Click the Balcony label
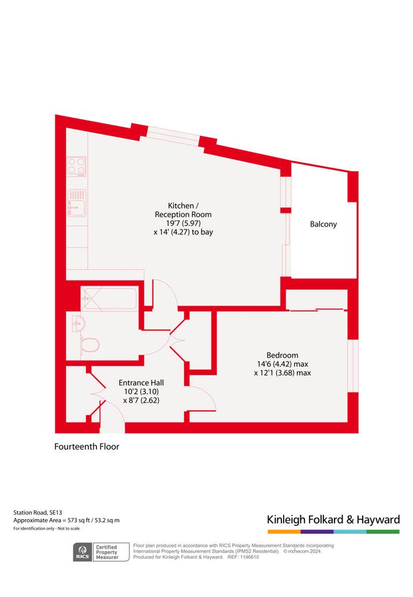click(x=323, y=224)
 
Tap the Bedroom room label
click(x=282, y=355)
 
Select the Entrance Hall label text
click(x=141, y=383)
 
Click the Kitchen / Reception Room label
click(x=183, y=210)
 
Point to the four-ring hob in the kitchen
click(x=76, y=167)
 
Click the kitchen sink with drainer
click(x=77, y=202)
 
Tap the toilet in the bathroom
click(x=90, y=345)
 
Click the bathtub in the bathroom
click(x=109, y=299)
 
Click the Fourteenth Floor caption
click(x=87, y=447)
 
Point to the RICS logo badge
click(x=82, y=552)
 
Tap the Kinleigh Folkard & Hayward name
click(x=333, y=520)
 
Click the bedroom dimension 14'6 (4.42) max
click(x=282, y=364)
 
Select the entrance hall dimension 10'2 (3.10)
click(x=141, y=391)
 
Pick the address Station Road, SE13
click(x=38, y=513)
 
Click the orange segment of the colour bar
click(x=284, y=532)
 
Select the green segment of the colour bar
click(x=384, y=532)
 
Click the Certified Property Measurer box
click(x=107, y=552)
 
